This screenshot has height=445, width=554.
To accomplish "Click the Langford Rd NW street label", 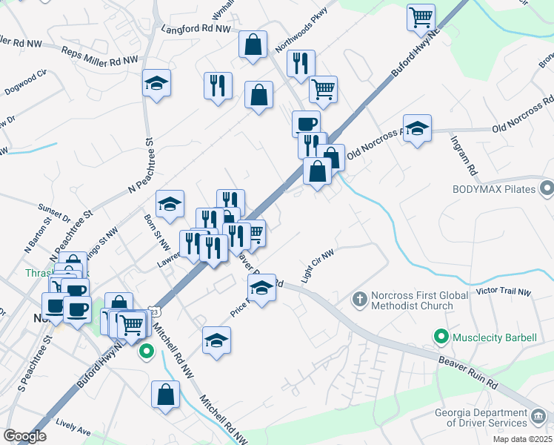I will click(x=196, y=30).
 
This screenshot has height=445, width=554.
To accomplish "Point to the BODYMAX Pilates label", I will click(x=494, y=189).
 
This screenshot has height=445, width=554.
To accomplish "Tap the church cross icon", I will click(x=359, y=299).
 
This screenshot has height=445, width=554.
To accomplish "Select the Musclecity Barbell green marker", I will click(x=442, y=337).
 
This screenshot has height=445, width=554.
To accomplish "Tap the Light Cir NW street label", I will click(x=318, y=266).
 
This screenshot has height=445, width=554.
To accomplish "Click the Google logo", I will click(x=25, y=436).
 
